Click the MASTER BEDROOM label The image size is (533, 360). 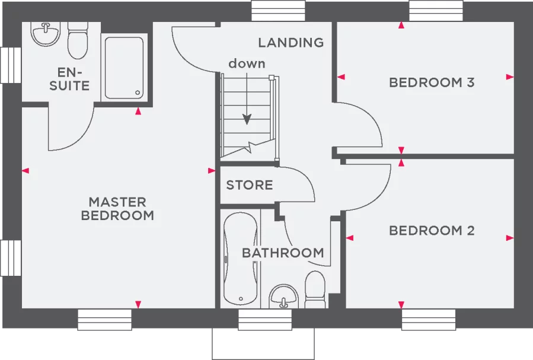(x=117, y=209)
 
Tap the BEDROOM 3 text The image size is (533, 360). (x=431, y=82)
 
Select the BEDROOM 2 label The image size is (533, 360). (x=431, y=231)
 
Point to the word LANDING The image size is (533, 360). (x=291, y=43)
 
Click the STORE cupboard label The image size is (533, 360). (x=249, y=185)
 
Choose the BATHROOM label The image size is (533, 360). (x=283, y=253)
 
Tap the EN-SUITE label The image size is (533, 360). (x=69, y=79)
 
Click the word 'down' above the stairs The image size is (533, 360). (x=247, y=63)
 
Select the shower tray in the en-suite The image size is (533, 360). (x=124, y=67)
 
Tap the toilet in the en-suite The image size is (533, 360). (x=77, y=40)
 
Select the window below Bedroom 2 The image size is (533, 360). (x=428, y=320)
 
